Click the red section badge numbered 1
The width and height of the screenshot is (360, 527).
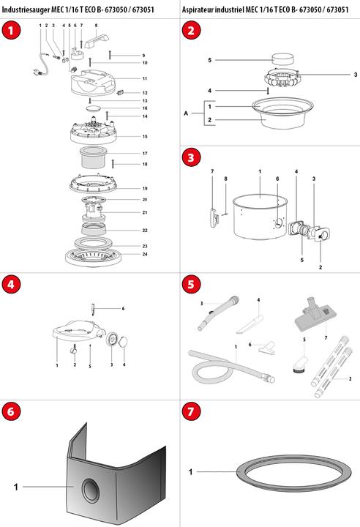[10, 30]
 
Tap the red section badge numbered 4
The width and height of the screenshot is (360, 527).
[10, 285]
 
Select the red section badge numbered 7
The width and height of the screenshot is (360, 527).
[191, 412]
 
